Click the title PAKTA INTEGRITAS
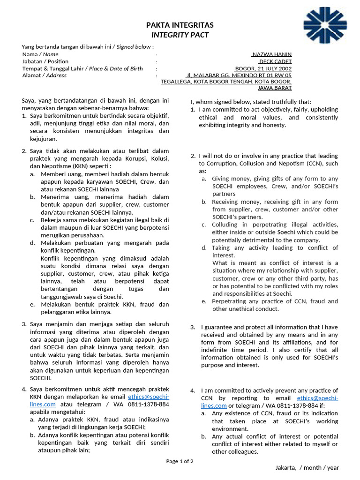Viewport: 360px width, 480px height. [180, 25]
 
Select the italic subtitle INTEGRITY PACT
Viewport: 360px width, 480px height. [180, 35]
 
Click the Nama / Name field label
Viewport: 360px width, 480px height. [40, 54]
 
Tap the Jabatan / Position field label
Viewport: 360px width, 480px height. [45, 61]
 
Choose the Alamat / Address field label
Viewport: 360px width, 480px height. [45, 75]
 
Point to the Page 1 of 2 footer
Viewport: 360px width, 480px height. [180, 461]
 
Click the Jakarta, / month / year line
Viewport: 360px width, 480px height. [307, 468]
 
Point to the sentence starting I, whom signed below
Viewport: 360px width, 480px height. [250, 102]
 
